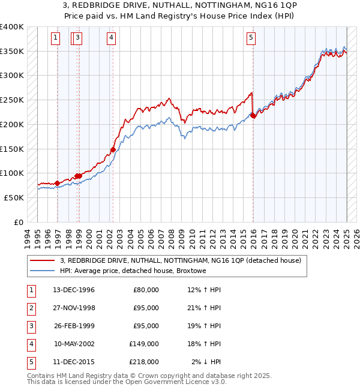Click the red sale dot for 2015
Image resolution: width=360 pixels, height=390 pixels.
pyautogui.click(x=253, y=116)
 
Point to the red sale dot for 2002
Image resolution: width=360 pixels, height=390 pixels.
pyautogui.click(x=113, y=149)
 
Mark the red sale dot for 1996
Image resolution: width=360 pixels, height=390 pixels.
pyautogui.click(x=58, y=183)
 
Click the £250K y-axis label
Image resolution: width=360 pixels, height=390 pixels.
pyautogui.click(x=12, y=100)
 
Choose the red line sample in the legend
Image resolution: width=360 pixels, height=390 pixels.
pyautogui.click(x=43, y=260)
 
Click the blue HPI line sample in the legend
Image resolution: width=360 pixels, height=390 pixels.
pyautogui.click(x=43, y=271)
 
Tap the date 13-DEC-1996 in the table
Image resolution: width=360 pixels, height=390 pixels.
pyautogui.click(x=74, y=290)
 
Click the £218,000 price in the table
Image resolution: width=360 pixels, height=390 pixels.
pyautogui.click(x=145, y=362)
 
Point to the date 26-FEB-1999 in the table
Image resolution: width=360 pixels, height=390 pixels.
pyautogui.click(x=74, y=326)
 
